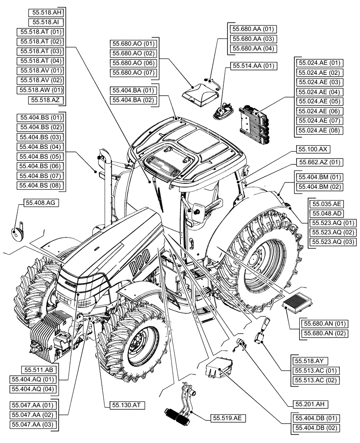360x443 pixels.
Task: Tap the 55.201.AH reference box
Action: click(x=310, y=404)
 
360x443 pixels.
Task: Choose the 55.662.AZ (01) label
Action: click(x=319, y=162)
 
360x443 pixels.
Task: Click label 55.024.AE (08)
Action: click(x=319, y=130)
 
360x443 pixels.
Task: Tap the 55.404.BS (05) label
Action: click(x=40, y=156)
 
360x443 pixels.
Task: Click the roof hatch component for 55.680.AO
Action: click(x=200, y=94)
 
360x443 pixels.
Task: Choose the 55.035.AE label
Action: click(x=327, y=204)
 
